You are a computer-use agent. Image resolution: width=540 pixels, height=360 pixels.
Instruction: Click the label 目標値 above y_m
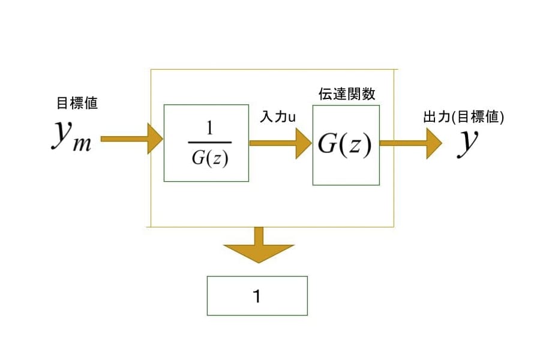point(77,103)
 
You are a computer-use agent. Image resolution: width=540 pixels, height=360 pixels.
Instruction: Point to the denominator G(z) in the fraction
point(209,158)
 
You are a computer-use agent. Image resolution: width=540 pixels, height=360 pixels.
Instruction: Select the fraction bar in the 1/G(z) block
point(209,143)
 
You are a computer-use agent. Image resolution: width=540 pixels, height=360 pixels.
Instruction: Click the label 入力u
point(277,118)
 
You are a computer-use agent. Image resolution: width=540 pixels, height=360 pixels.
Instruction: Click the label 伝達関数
point(346,95)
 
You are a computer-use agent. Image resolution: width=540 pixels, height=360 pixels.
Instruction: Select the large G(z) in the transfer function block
point(345,145)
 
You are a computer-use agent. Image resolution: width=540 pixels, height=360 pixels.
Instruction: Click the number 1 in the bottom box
point(257,296)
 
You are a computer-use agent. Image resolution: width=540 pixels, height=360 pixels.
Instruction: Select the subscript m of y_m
point(82,145)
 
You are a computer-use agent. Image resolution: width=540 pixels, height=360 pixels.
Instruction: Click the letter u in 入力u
point(292,118)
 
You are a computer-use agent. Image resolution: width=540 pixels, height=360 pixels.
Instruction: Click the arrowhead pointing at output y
point(434,143)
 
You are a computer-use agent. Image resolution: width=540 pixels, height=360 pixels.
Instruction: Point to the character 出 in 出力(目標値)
point(429,118)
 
